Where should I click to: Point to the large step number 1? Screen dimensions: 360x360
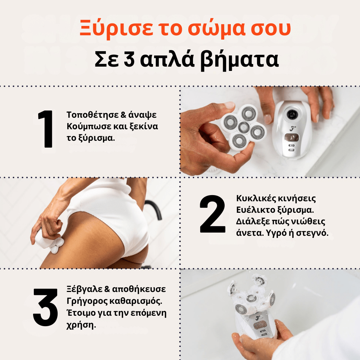pos(46,130)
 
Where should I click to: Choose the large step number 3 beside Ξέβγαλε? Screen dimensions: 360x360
pos(46,307)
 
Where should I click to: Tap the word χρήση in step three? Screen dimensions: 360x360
pos(80,325)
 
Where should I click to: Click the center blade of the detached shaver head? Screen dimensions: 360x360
pos(243,127)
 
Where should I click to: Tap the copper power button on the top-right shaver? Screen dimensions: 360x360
pos(292,137)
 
